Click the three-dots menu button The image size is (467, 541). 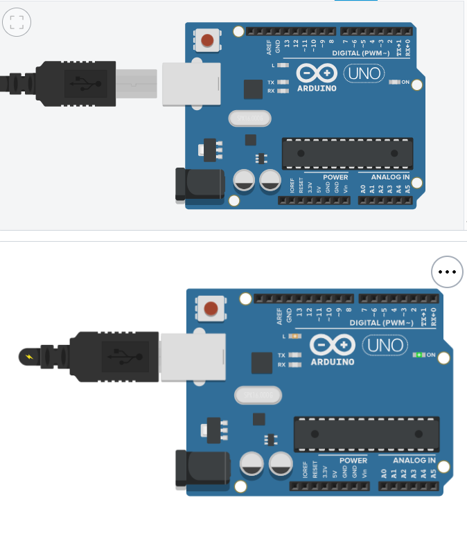pos(447,272)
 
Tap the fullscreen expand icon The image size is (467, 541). pos(17,21)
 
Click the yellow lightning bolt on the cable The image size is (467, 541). pos(28,357)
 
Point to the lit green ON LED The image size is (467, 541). pos(418,355)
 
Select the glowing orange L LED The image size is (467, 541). pos(295,336)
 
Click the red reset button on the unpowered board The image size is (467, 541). pos(206,41)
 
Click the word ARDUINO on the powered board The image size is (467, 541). pos(332,362)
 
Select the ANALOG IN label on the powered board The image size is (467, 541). pos(414,461)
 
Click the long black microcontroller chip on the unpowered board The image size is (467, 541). pos(346,153)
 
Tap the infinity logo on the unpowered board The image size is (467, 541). pos(317,73)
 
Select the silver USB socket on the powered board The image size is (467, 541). pos(193,356)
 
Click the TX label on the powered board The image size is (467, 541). pos(281,355)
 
